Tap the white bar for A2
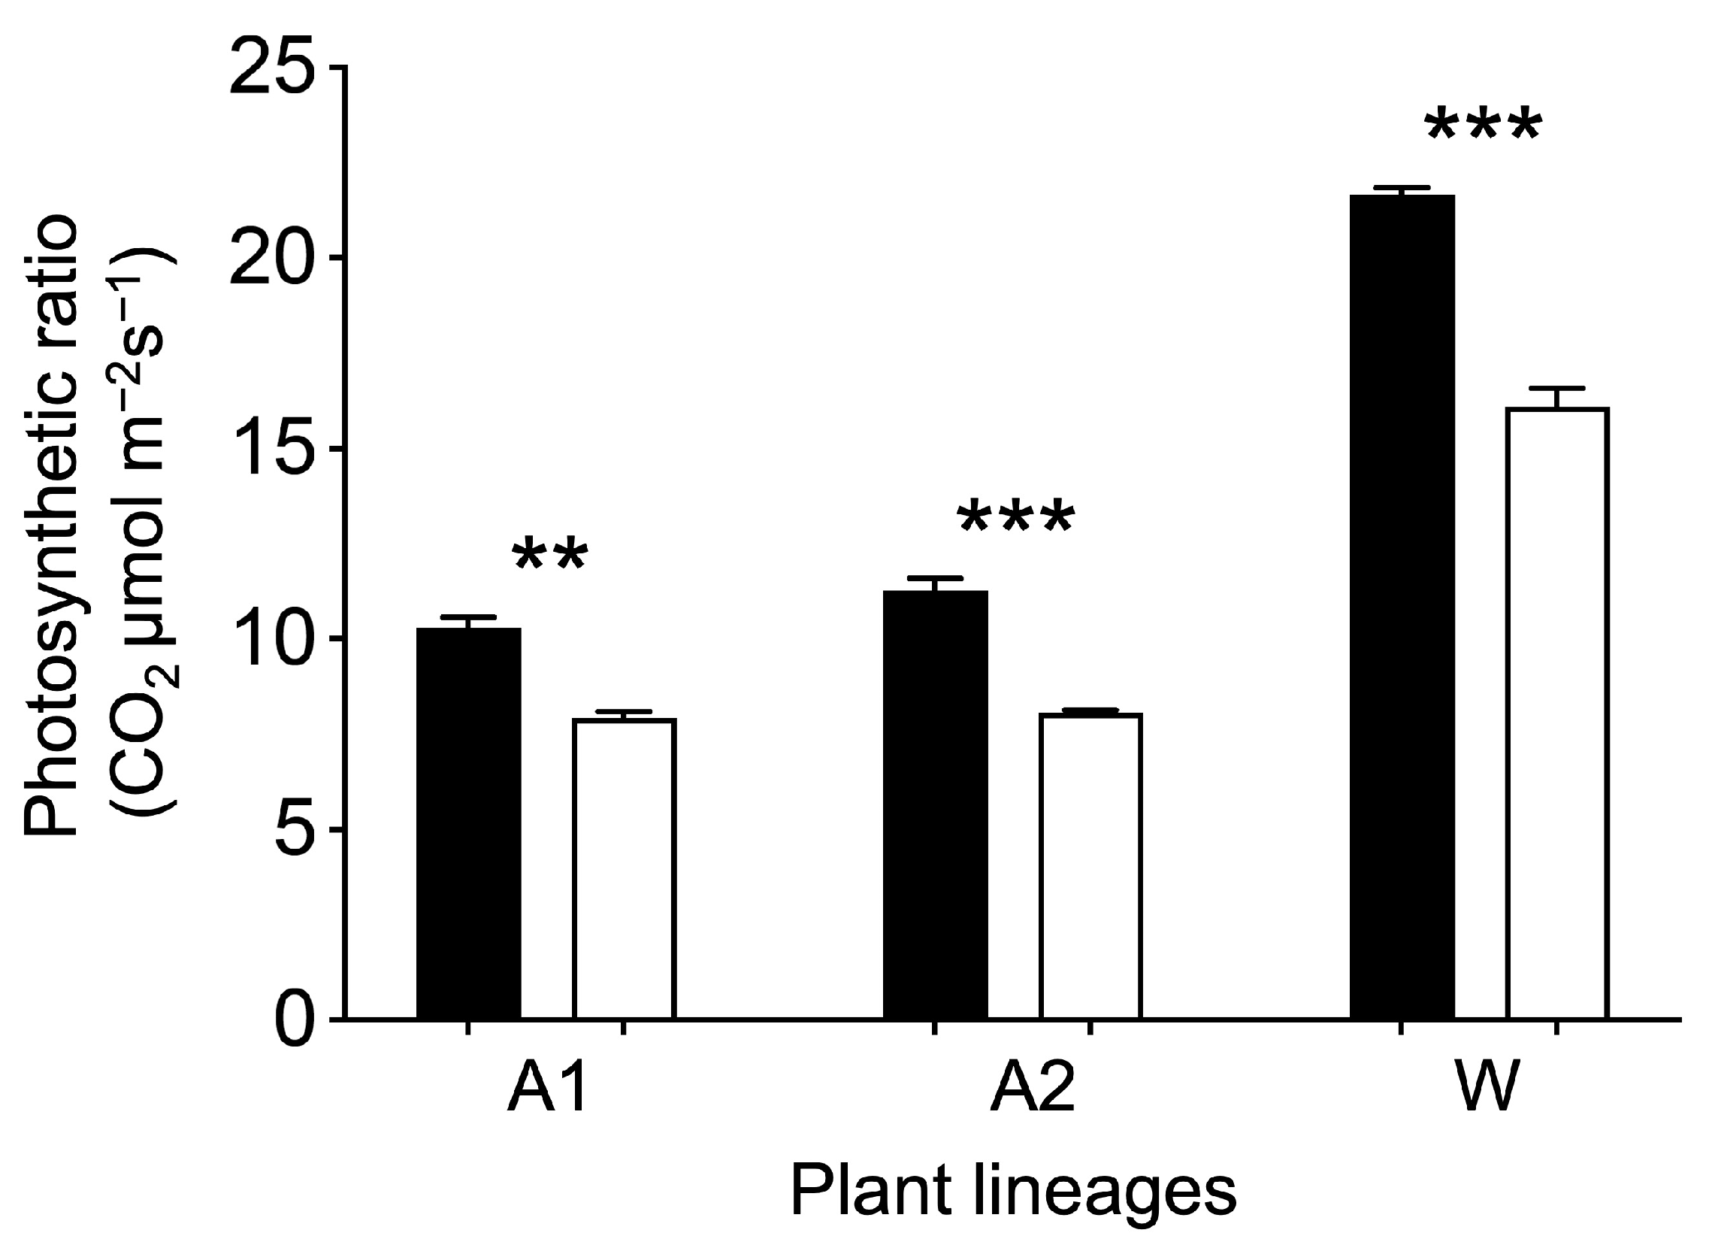[1090, 866]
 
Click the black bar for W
[1402, 607]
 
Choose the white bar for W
[1556, 713]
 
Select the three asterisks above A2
[1016, 519]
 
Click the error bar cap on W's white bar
[1556, 389]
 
